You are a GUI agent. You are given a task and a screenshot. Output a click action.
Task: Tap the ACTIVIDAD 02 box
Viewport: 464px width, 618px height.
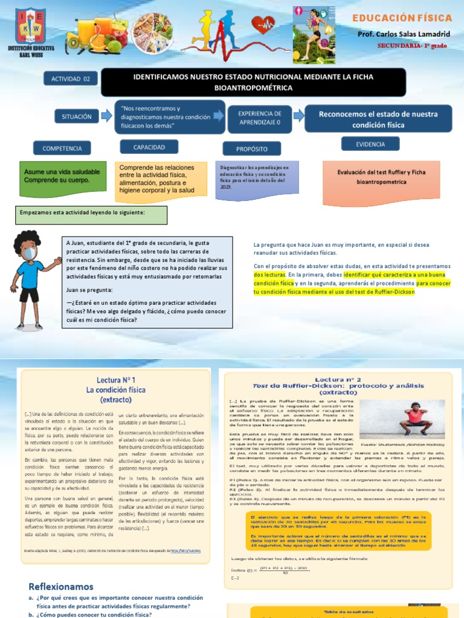70,79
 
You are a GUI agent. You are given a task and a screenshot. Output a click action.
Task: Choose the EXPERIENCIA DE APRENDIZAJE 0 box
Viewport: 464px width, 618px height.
260,117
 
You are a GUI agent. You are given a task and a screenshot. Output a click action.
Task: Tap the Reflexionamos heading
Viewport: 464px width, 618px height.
61,586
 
